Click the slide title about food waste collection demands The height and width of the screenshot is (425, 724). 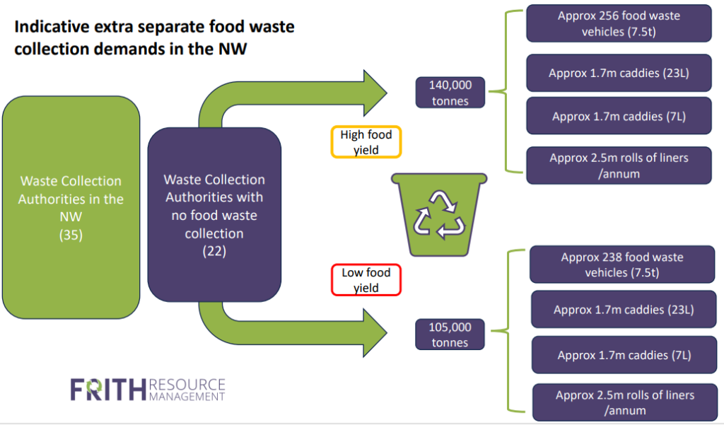pyautogui.click(x=154, y=40)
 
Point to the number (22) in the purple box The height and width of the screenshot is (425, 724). pyautogui.click(x=214, y=251)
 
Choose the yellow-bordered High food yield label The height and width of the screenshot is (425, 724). pyautogui.click(x=366, y=142)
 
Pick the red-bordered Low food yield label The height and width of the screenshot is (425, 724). pyautogui.click(x=366, y=280)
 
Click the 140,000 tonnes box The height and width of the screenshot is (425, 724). pyautogui.click(x=450, y=93)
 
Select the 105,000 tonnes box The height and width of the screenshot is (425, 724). pyautogui.click(x=450, y=334)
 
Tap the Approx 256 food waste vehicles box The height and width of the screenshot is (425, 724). pyautogui.click(x=619, y=23)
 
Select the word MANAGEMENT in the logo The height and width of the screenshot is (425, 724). pyautogui.click(x=187, y=397)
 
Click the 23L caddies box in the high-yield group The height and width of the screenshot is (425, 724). pyautogui.click(x=619, y=73)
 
